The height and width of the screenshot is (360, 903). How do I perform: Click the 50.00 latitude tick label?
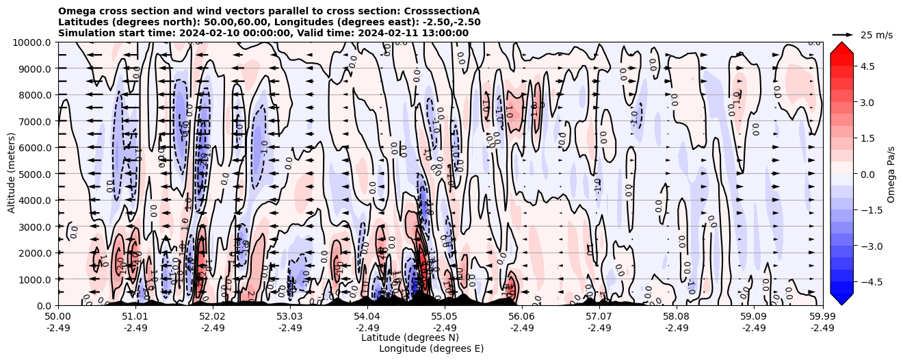pyautogui.click(x=57, y=316)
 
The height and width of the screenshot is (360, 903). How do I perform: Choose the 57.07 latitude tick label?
pyautogui.click(x=599, y=316)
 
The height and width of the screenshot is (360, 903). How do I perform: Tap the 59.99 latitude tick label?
pyautogui.click(x=822, y=316)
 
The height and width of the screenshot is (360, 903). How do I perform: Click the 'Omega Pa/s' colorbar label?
pyautogui.click(x=891, y=174)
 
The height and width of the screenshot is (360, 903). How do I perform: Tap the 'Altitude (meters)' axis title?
pyautogui.click(x=12, y=174)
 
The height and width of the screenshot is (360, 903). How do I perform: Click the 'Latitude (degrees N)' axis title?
pyautogui.click(x=410, y=337)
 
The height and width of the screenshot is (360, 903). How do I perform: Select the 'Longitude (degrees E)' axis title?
pyautogui.click(x=431, y=348)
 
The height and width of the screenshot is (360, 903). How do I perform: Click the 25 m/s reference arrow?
pyautogui.click(x=843, y=34)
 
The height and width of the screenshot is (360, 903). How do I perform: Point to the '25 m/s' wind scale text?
pyautogui.click(x=876, y=35)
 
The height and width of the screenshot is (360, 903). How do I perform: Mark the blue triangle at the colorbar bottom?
pyautogui.click(x=841, y=298)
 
